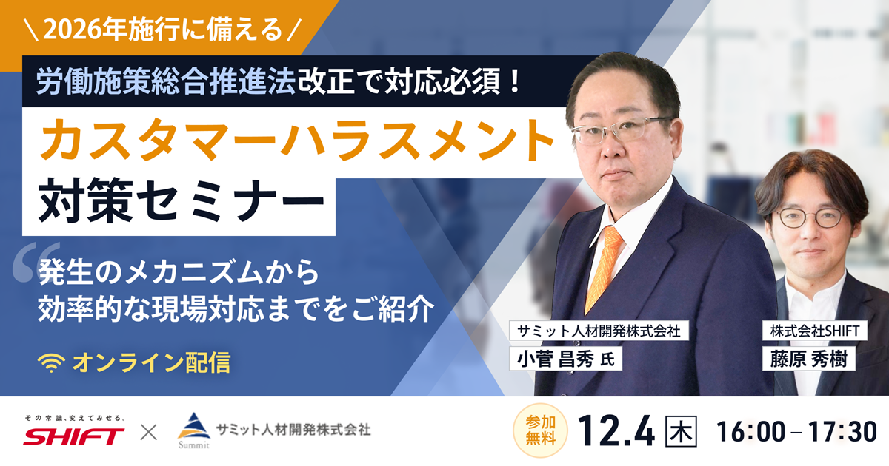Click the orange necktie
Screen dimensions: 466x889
[602, 267]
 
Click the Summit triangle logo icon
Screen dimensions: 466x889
[194, 426]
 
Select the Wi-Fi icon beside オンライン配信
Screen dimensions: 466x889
[52, 362]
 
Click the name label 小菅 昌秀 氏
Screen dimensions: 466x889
[565, 358]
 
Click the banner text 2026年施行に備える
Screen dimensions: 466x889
[163, 30]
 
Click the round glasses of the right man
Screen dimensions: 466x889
[808, 217]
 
